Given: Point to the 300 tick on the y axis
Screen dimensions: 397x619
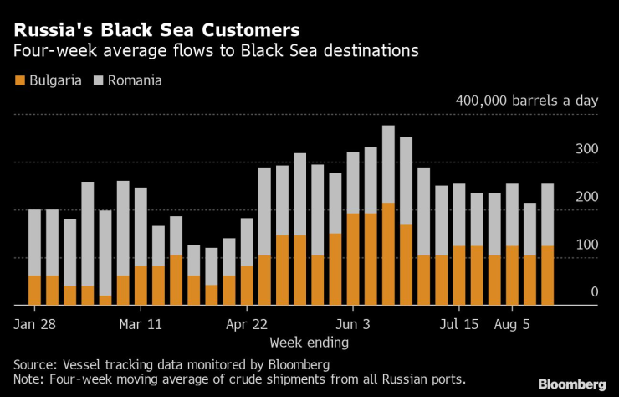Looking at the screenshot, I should click(x=588, y=149).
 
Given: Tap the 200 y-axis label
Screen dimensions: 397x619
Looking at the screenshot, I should click(x=588, y=197).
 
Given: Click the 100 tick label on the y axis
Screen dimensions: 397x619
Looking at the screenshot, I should click(x=588, y=245).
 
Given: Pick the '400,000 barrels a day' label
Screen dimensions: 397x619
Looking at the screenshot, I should click(x=527, y=101).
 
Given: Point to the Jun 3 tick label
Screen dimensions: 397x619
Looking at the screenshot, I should click(x=352, y=324).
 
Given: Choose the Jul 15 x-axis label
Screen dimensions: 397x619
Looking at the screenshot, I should click(x=458, y=324).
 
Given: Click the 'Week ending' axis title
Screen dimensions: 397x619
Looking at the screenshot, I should click(x=309, y=342).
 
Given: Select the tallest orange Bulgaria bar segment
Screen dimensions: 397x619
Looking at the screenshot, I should click(x=388, y=254).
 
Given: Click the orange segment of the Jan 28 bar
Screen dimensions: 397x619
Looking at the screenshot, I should click(x=34, y=290).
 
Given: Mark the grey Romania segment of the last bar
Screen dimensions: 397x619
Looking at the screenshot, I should click(x=547, y=214).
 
